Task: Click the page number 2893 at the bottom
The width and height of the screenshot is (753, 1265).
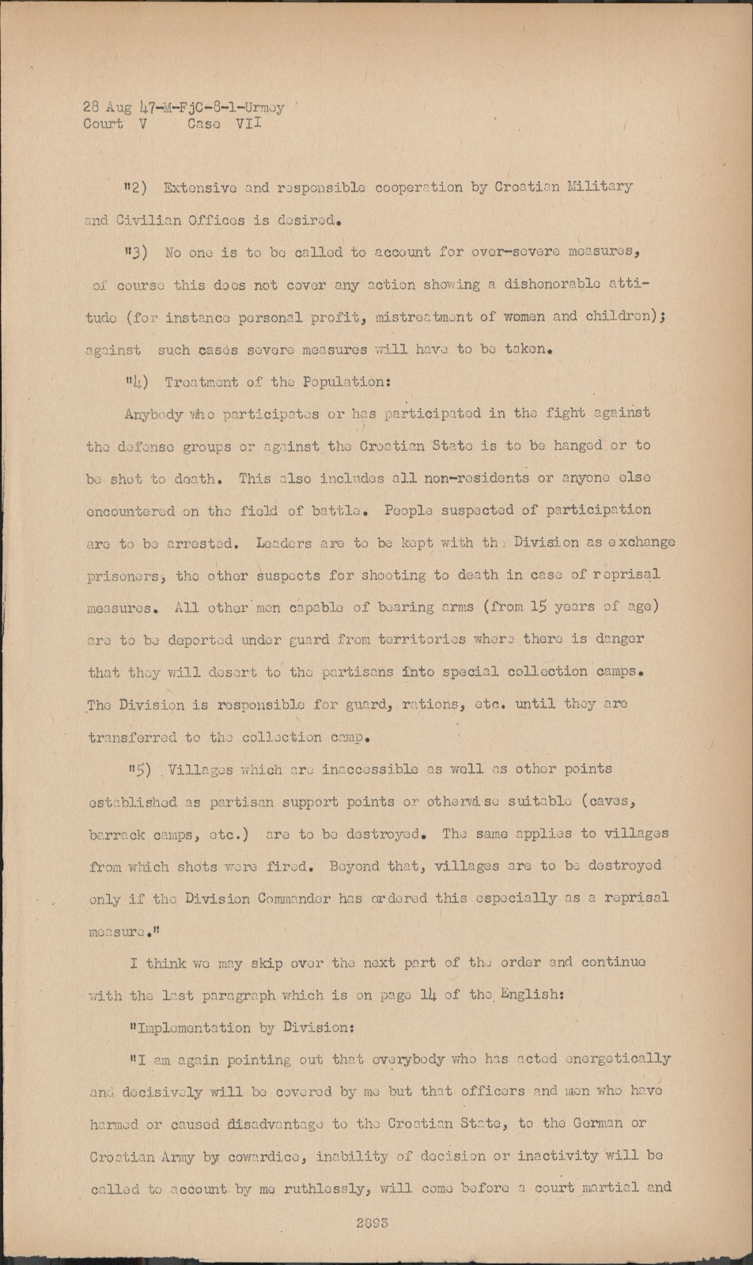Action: coord(370,1222)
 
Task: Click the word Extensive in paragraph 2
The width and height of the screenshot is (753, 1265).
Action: coord(199,188)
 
